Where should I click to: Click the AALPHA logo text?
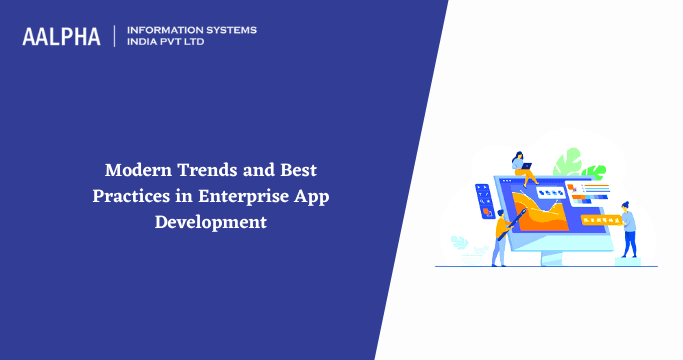click(61, 37)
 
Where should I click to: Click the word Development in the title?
click(210, 221)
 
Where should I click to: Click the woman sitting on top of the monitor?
click(520, 166)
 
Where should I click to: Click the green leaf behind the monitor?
click(569, 162)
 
